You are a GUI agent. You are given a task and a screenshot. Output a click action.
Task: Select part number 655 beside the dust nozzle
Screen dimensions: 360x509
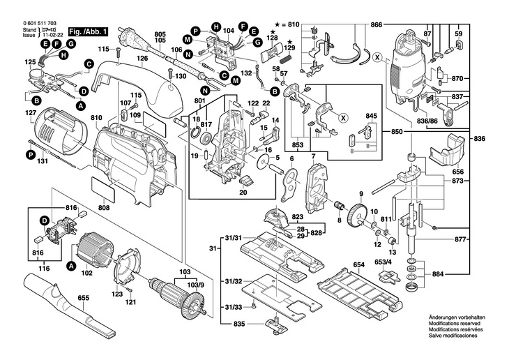[83, 299]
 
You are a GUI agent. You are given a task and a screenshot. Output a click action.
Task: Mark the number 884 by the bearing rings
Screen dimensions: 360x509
[476, 274]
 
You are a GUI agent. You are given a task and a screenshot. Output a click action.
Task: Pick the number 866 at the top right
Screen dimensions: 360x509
[377, 25]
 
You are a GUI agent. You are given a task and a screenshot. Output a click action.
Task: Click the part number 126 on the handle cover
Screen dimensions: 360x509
[142, 58]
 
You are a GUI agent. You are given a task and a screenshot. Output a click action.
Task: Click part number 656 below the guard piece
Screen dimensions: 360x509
[458, 171]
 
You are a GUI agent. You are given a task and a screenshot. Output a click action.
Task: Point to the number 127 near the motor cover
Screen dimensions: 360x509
[31, 113]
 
